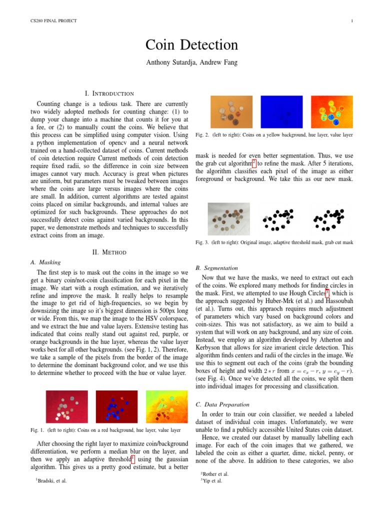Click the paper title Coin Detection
191,45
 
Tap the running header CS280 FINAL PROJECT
50,20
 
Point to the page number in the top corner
352,20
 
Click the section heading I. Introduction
109,93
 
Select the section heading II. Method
109,252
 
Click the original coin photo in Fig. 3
229,218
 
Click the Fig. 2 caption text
274,135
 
